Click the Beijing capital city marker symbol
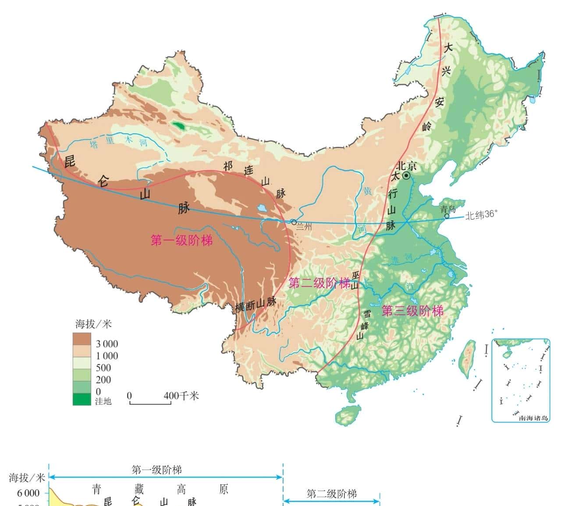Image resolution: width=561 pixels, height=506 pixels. click(x=406, y=176)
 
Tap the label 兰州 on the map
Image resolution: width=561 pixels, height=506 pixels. click(x=304, y=227)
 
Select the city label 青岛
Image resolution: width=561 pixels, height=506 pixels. click(x=448, y=209)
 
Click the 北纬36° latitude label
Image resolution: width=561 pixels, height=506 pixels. click(x=481, y=215)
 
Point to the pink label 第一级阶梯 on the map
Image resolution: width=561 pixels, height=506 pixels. click(x=181, y=240)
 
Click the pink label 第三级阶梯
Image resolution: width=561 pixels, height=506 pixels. click(x=412, y=311)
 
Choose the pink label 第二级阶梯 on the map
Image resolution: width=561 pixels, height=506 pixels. click(x=320, y=283)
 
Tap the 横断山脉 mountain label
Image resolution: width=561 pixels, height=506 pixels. click(x=256, y=304)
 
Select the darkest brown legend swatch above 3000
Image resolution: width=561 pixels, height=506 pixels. click(x=82, y=339)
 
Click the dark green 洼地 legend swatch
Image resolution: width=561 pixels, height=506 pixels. click(x=82, y=399)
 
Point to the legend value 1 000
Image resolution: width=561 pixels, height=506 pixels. click(x=107, y=356)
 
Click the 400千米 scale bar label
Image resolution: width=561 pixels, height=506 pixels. click(x=181, y=396)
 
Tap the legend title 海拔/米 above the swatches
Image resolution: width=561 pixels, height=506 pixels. click(x=93, y=324)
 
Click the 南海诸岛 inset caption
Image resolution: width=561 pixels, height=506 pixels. click(x=533, y=418)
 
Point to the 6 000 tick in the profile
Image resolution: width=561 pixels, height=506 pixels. click(x=28, y=493)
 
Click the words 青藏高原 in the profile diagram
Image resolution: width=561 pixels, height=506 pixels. click(x=160, y=489)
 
